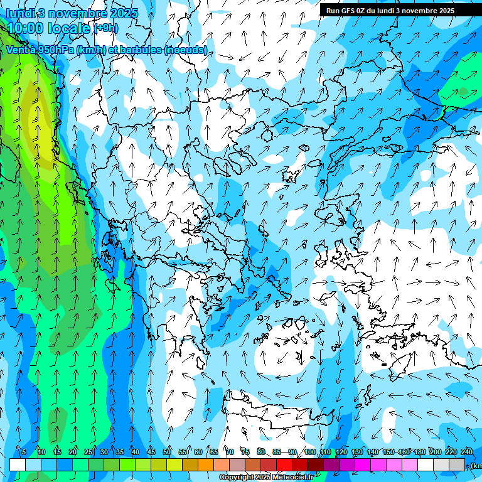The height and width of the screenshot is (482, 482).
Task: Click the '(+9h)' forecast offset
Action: pos(105,28)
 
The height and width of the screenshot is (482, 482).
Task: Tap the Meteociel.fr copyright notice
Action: pos(266,478)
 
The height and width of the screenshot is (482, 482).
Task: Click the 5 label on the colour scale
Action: pos(23,452)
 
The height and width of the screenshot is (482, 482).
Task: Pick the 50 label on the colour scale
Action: pos(167,452)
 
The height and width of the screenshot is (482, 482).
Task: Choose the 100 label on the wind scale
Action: pos(309,452)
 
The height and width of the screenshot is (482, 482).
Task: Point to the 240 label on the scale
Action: pos(466,452)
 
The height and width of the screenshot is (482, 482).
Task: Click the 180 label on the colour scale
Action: pos(419,452)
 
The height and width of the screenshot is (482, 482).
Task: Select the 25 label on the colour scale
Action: pos(88,452)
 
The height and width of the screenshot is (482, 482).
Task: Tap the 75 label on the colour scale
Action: pos(245,452)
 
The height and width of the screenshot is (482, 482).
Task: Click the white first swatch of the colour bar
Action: pos(18,464)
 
